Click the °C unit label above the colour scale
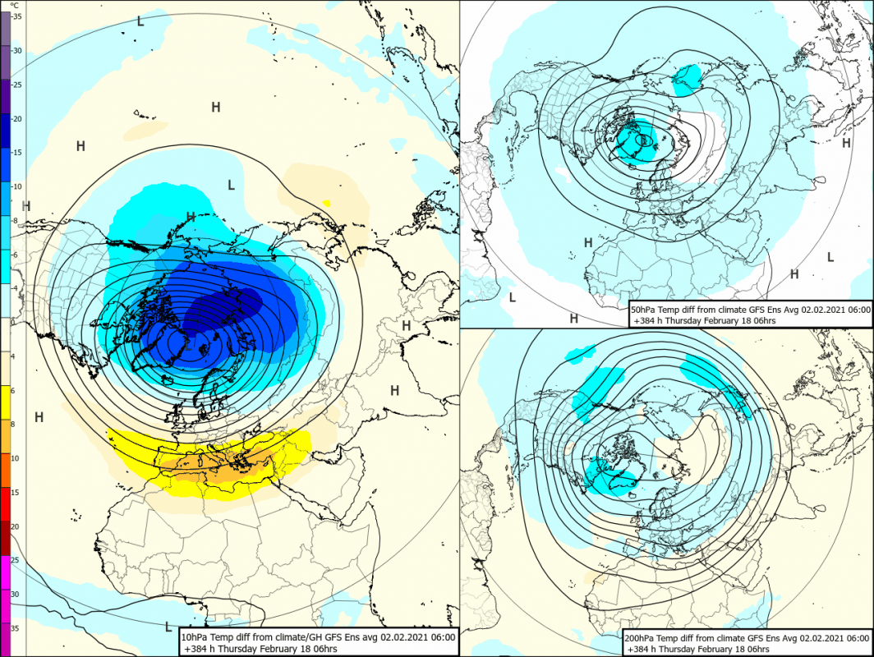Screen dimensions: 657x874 14,5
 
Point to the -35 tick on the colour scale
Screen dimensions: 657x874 17,16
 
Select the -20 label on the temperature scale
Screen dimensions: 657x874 17,119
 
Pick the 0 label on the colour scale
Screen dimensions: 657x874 14,323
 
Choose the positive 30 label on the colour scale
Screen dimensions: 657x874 16,594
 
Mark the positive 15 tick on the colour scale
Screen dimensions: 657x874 16,493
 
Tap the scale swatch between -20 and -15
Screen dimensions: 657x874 6,136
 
